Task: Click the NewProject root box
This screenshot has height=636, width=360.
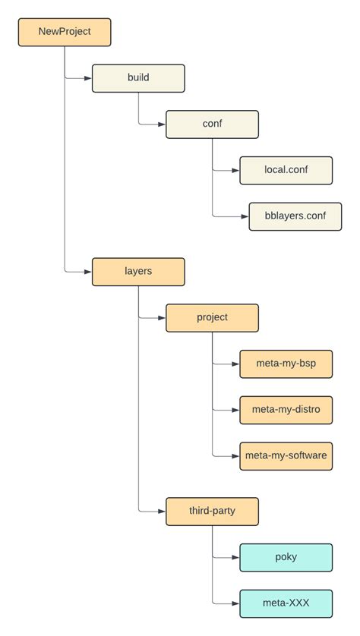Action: click(x=65, y=32)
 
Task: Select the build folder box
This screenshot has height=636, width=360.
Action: click(x=138, y=78)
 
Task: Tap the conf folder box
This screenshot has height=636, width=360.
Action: click(x=212, y=124)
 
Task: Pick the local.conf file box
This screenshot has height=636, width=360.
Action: click(x=286, y=170)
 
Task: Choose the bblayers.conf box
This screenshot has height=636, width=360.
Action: click(x=295, y=216)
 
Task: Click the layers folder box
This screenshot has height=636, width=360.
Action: click(x=138, y=271)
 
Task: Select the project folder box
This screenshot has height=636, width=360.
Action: click(x=212, y=317)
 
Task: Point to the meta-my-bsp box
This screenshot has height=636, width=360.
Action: click(x=286, y=364)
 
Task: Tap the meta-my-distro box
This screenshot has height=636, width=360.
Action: click(x=286, y=410)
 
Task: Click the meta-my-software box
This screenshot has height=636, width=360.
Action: click(x=286, y=455)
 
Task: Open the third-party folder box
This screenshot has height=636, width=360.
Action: click(x=212, y=511)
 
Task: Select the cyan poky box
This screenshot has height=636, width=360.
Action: click(x=286, y=557)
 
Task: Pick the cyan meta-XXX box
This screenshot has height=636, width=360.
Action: click(x=286, y=603)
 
